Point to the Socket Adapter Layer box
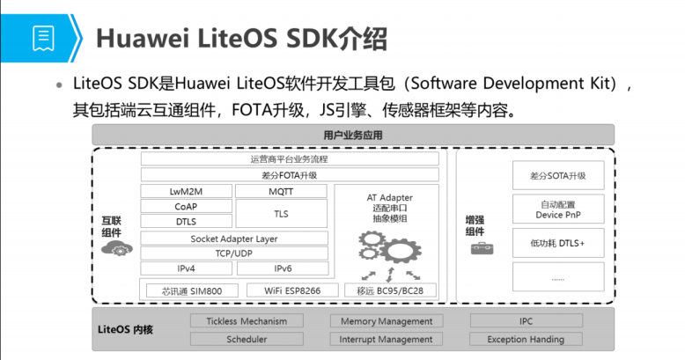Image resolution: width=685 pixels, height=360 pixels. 234,239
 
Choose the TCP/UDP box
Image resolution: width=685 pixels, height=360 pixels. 234,253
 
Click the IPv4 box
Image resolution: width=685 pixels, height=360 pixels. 186,268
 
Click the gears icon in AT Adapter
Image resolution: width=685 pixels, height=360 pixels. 389,251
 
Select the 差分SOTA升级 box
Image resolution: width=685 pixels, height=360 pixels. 558,175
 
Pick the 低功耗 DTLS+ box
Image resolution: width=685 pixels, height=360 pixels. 558,242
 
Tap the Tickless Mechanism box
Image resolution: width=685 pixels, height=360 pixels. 246,321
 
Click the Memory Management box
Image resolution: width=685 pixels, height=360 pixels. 386,321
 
